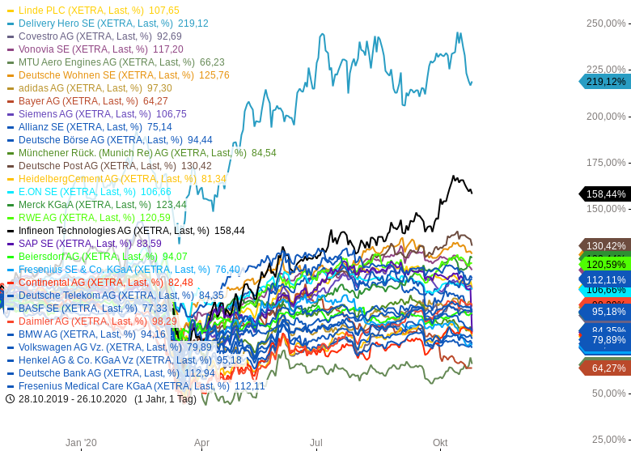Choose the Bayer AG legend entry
tap(92, 101)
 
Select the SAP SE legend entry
tap(89, 244)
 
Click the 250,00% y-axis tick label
tap(606, 23)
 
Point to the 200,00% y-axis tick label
tap(606, 116)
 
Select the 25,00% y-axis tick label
tap(608, 440)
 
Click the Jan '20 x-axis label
tap(81, 443)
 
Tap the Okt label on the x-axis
tap(440, 443)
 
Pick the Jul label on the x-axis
tap(316, 443)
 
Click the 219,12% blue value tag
tap(606, 82)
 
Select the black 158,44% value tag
tap(606, 194)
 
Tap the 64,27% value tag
tap(608, 368)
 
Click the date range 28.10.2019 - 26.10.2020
tap(73, 399)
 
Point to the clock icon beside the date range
tap(10, 399)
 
